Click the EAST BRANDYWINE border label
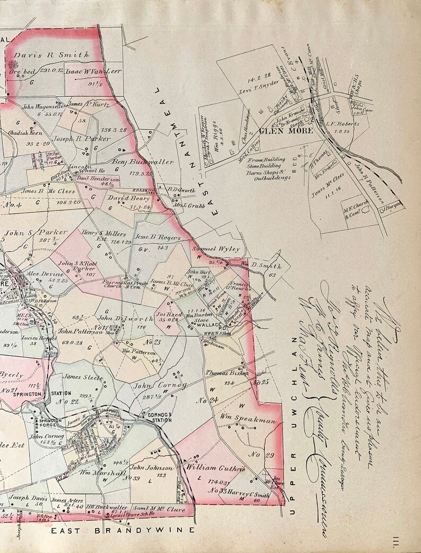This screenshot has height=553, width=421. point(123,530)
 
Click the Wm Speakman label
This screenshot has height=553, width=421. point(248,421)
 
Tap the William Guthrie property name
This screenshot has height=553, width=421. point(215,468)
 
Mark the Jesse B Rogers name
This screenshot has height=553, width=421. point(158,238)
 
